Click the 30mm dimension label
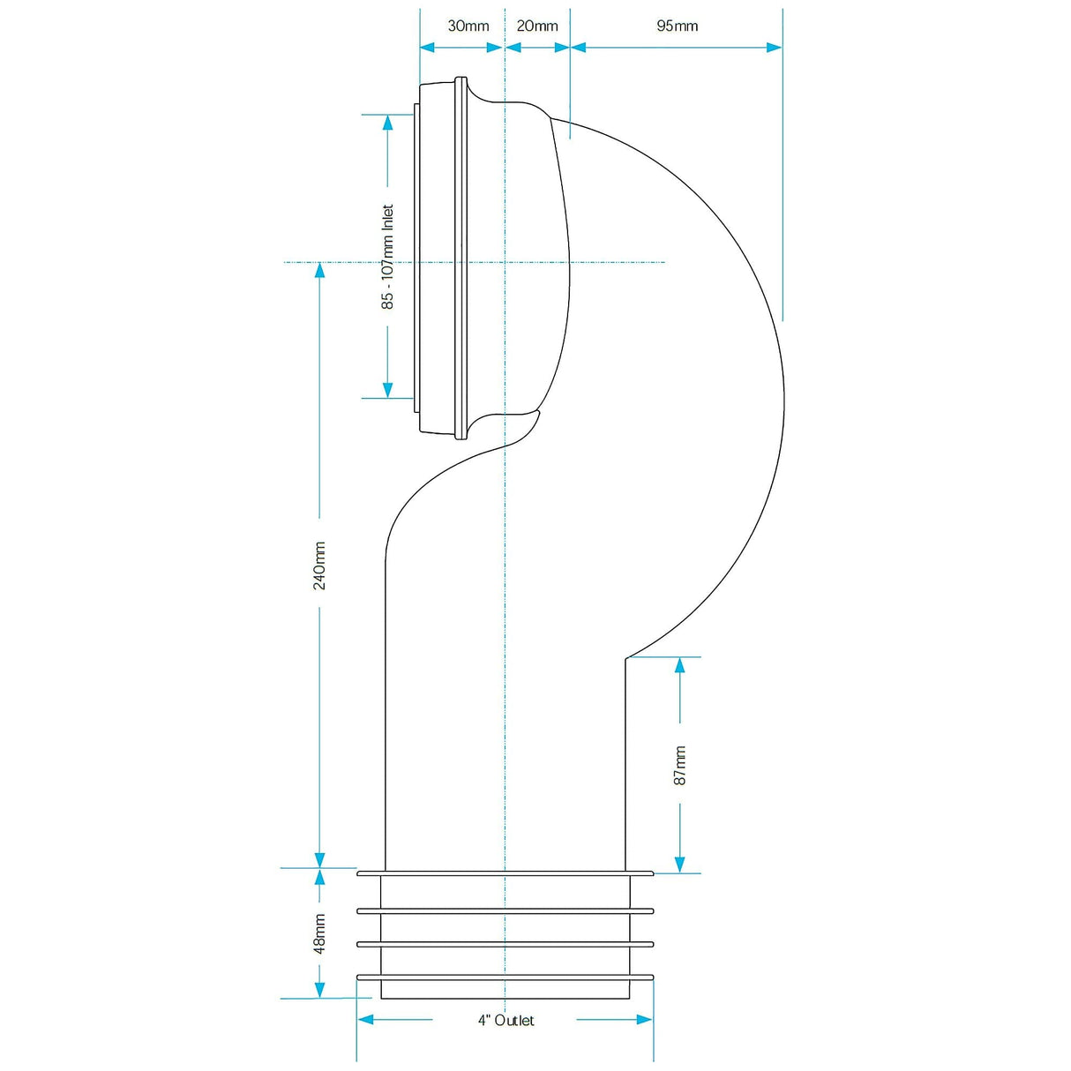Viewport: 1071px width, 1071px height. [468, 26]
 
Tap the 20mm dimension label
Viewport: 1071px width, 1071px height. [537, 26]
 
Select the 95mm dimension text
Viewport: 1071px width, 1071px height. [677, 26]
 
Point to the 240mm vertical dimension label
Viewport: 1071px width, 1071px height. [319, 565]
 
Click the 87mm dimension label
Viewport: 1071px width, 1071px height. [679, 765]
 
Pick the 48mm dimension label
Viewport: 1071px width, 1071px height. [319, 932]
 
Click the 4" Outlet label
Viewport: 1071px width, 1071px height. [506, 1020]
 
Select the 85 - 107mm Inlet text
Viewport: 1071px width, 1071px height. [387, 257]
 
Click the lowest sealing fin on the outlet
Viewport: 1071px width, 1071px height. [505, 977]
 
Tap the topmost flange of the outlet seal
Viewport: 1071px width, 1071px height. [505, 873]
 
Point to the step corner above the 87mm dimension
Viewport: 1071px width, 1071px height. [626, 657]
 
